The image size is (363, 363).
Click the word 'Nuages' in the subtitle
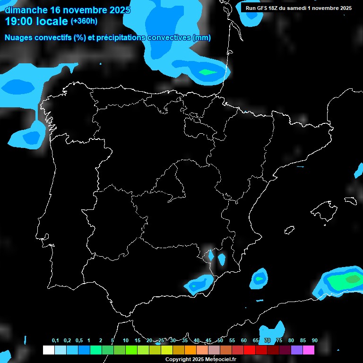[x=19, y=38]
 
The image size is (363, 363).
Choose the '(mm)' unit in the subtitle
[x=202, y=38]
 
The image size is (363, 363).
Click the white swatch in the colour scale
[x=48, y=350]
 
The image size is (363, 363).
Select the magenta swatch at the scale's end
[x=308, y=350]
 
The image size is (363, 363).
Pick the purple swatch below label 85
[x=296, y=350]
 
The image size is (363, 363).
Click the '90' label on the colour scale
[x=314, y=341]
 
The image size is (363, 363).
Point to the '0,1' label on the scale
[x=55, y=341]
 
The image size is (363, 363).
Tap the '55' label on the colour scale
[x=232, y=341]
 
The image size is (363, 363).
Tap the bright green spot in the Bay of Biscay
[x=207, y=72]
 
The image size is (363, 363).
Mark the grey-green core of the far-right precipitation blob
[x=353, y=279]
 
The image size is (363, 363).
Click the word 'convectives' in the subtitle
[x=170, y=38]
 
